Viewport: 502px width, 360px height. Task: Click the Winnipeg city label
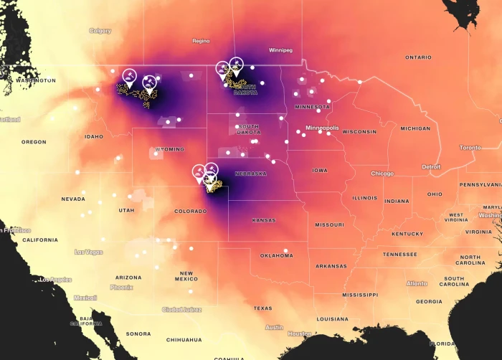pos(280,50)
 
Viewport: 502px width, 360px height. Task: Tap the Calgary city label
pos(100,31)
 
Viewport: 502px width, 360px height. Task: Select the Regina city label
pos(201,41)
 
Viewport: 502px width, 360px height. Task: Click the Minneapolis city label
pos(321,128)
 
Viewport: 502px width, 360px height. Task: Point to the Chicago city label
pos(382,174)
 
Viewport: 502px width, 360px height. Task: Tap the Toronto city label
pos(470,147)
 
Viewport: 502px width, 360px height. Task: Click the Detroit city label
pos(431,166)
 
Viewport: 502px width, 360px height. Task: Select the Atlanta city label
pos(417,283)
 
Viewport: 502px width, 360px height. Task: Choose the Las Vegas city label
pos(87,252)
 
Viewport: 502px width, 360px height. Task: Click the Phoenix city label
pos(122,287)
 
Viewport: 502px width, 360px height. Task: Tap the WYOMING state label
pos(169,149)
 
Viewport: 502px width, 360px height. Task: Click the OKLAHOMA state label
pos(276,255)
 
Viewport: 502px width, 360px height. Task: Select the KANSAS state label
pos(263,220)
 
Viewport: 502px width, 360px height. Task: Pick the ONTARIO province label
pos(418,57)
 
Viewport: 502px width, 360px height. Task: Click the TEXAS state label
pos(262,308)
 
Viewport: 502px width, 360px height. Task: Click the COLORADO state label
pos(190,211)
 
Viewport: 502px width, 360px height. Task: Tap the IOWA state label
pos(319,171)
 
